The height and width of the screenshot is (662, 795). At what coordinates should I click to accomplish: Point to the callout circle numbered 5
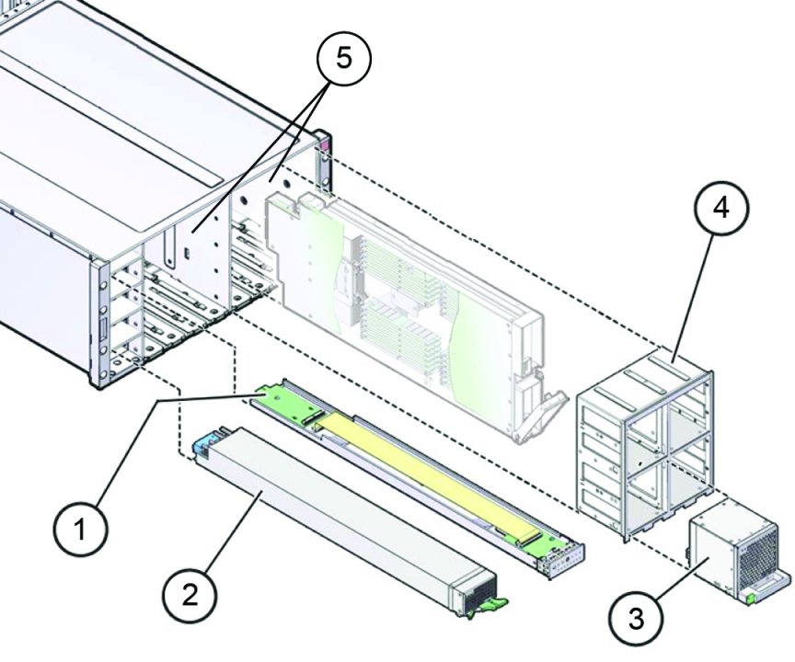coord(342,58)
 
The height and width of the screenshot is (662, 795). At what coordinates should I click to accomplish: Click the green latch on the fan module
coord(751,599)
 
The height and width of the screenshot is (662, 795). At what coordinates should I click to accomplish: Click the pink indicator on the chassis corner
coord(324,145)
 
